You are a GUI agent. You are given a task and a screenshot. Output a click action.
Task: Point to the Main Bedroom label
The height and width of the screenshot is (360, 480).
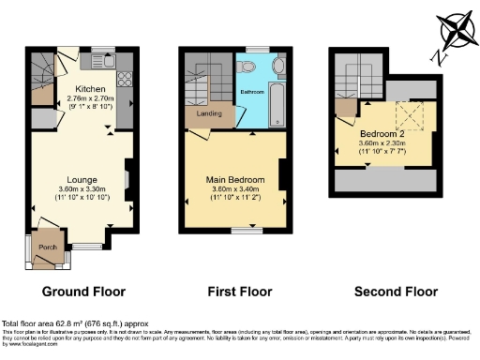point(234,179)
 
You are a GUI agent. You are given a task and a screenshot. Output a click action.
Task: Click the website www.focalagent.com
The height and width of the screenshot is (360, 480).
point(22,344)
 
